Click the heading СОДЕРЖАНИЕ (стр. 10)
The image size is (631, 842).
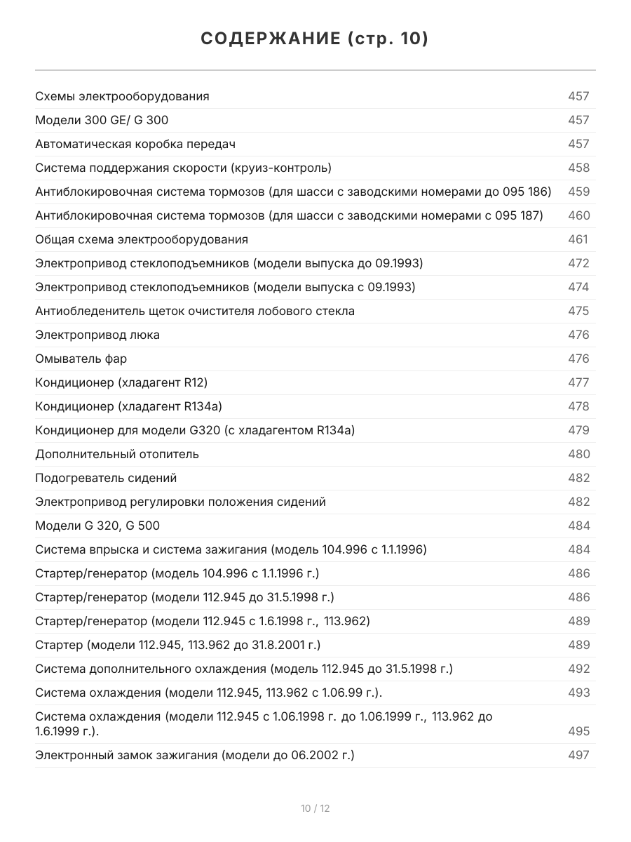315,39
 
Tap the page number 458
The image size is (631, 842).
578,168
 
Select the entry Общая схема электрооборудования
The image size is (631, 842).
142,239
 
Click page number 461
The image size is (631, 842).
578,239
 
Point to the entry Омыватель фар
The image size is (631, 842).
81,359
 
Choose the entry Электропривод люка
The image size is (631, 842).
97,335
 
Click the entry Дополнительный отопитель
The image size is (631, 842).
117,454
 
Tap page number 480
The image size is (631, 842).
578,454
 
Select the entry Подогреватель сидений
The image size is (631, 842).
106,478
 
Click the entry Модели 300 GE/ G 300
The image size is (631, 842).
102,120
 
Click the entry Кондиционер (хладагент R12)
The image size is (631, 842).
121,382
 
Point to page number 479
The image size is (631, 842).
578,430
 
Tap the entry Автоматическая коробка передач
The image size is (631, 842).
135,144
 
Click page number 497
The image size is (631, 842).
578,755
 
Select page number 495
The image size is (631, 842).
578,731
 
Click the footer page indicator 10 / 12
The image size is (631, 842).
315,808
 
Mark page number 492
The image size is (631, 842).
578,669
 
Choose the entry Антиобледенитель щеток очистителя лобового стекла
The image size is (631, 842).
195,311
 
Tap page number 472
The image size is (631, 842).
578,263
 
